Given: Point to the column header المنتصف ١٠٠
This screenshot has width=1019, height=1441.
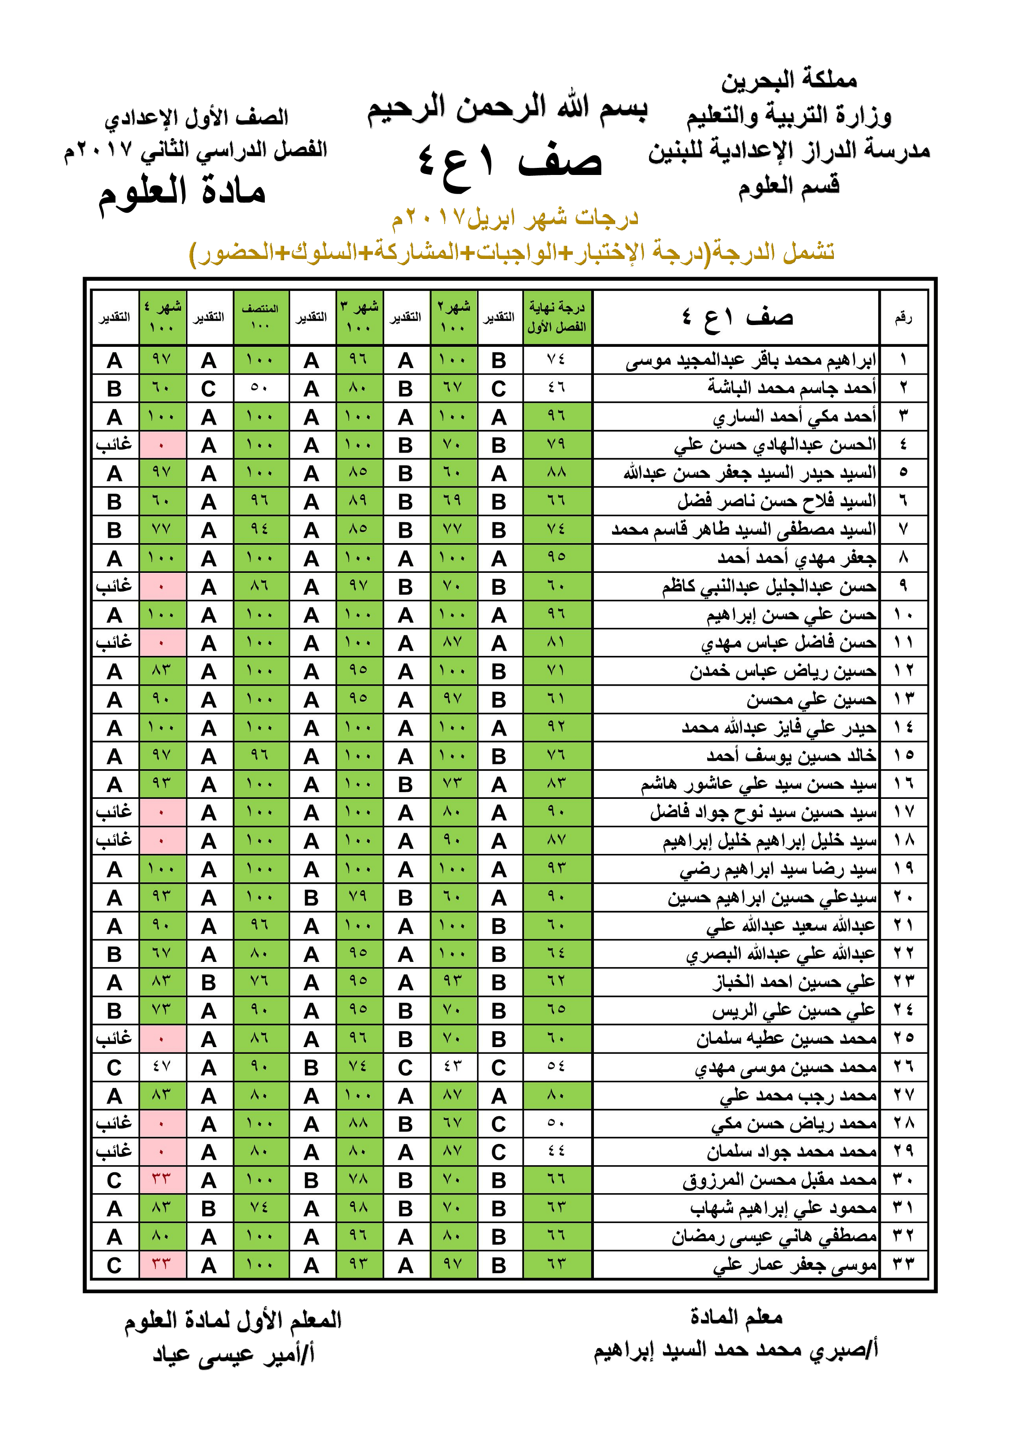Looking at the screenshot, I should pos(261,317).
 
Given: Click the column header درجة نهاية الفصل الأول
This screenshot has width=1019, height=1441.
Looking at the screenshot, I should pos(557,317).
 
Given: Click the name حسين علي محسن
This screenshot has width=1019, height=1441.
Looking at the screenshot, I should pos(811,699).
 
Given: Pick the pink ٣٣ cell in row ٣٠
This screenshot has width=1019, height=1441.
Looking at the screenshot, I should pos(162,1180).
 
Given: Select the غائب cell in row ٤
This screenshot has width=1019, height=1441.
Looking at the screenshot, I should pos(114,445).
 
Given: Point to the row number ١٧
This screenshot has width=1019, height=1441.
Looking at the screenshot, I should pos(903,812).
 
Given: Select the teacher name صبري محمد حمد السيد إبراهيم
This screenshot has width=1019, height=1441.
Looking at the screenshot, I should pos(736,1350).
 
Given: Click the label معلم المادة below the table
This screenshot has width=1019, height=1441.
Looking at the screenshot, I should pos(736,1317).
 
